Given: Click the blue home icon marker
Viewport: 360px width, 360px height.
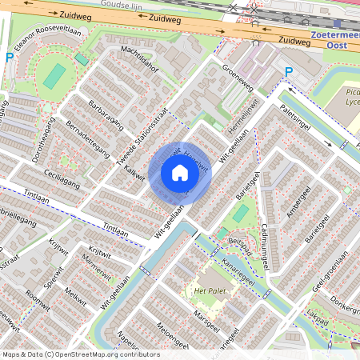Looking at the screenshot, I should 180,173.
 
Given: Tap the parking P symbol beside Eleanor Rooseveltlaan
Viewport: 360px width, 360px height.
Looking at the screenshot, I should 10,58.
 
